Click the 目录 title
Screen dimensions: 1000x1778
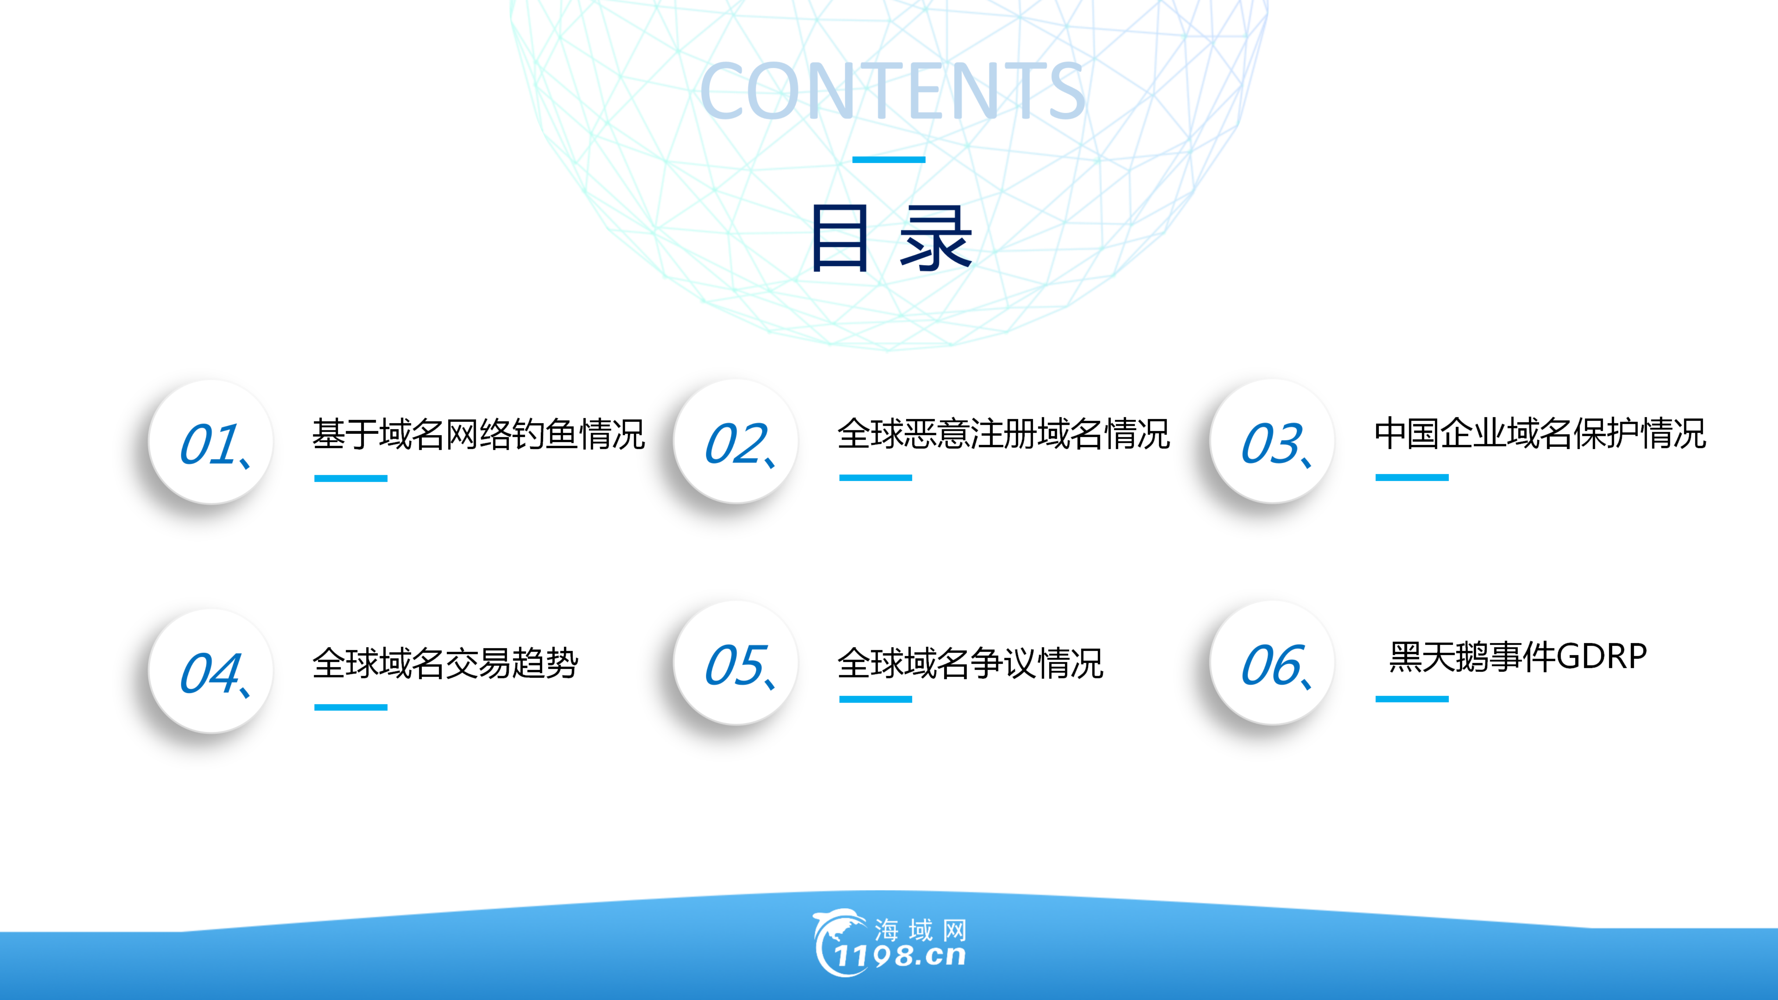pos(890,238)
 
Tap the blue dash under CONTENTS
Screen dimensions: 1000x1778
pos(888,159)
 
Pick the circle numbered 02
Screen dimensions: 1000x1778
pos(736,442)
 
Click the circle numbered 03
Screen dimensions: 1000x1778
pos(1272,442)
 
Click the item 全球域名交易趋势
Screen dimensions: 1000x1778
pos(445,663)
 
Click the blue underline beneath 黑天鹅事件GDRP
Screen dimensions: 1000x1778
pos(1412,699)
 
